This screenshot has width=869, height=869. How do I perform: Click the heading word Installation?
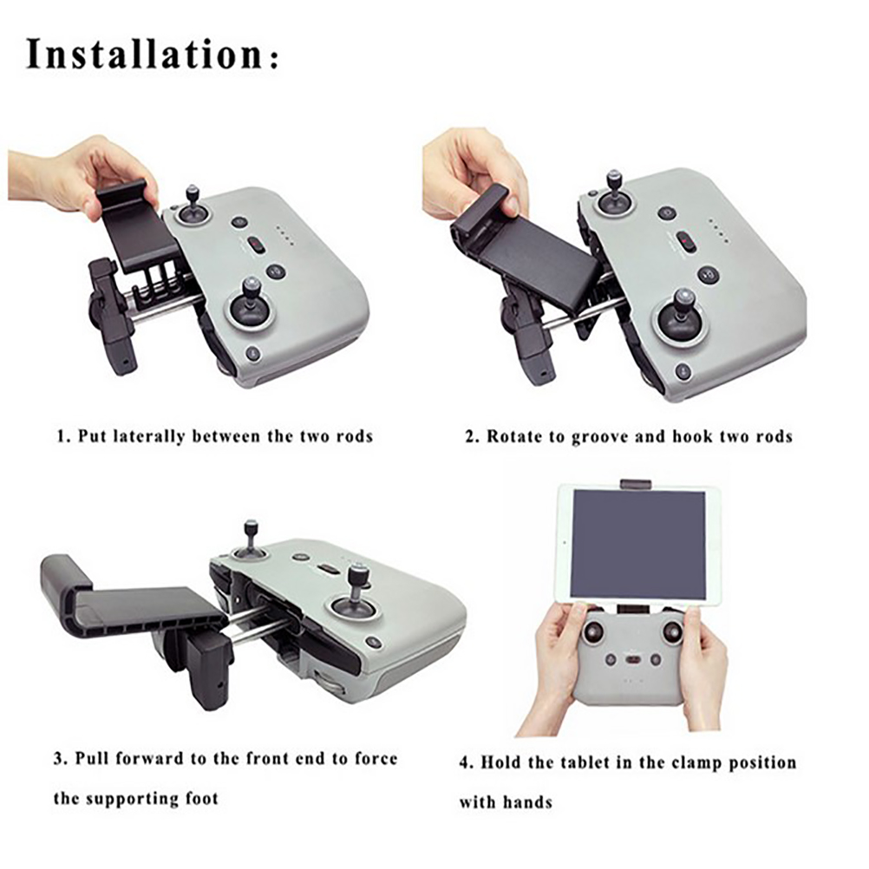point(144,54)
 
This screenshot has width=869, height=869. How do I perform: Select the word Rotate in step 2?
point(515,436)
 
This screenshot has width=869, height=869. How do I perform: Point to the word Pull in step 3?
point(93,758)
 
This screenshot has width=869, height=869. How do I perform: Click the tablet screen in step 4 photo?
point(638,545)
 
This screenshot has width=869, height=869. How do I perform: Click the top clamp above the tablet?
point(637,485)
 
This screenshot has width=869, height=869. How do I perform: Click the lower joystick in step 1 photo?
point(251,303)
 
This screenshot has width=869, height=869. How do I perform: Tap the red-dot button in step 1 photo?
point(256,244)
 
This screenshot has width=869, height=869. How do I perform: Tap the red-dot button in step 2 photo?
point(686,242)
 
